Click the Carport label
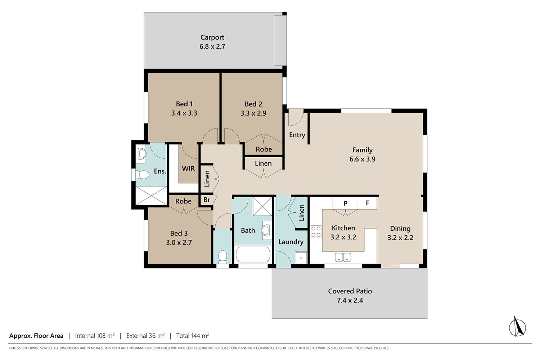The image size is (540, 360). [212, 37]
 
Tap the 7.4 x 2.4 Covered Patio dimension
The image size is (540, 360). [350, 300]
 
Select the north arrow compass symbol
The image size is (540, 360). [517, 327]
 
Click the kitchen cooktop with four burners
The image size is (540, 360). [316, 231]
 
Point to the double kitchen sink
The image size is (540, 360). [343, 257]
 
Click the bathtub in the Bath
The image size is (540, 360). [253, 255]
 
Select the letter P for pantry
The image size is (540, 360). [345, 203]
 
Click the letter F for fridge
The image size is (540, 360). [368, 203]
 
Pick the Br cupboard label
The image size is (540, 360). [207, 200]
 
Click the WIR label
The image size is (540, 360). [188, 168]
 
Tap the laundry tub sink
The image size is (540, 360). [301, 257]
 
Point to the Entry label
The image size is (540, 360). [297, 135]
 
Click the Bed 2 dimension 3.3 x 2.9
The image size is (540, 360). [253, 113]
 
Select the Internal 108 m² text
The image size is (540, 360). [95, 336]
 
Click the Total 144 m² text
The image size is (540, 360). [193, 336]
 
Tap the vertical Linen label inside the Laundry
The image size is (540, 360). [301, 213]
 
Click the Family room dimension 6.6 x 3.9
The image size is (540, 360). [362, 159]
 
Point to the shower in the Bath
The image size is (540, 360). [262, 206]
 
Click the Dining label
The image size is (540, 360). [400, 229]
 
